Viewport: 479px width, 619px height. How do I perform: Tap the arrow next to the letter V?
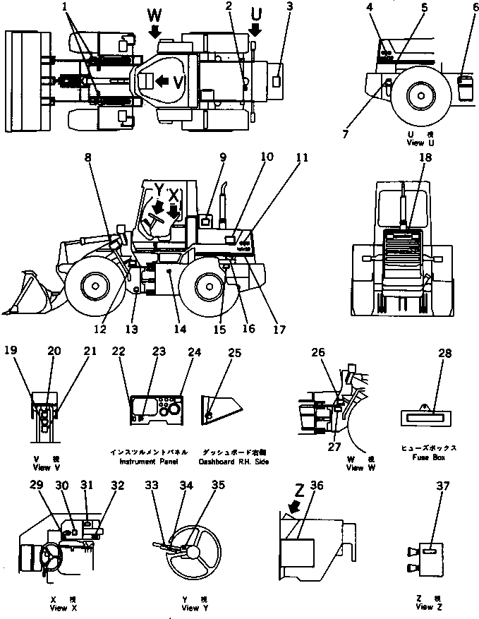[x=162, y=81]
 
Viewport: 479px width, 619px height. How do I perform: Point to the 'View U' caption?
[x=416, y=142]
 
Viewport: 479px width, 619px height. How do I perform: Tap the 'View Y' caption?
[x=190, y=608]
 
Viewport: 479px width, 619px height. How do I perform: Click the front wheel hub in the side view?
[x=93, y=286]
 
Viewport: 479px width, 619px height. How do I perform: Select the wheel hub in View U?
[x=420, y=95]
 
